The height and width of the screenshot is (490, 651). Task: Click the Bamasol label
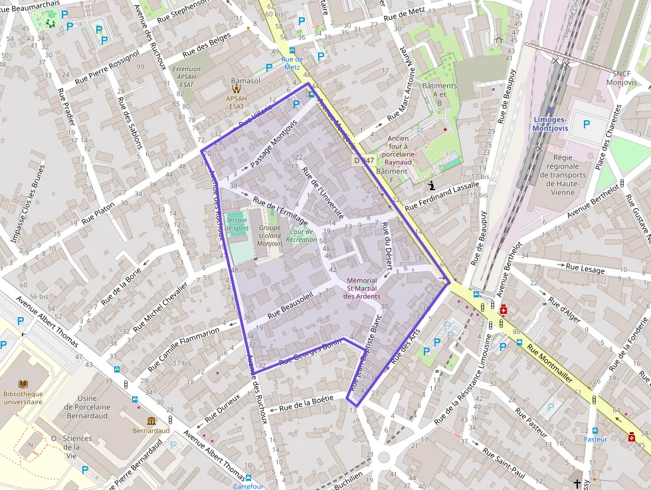pos(245,81)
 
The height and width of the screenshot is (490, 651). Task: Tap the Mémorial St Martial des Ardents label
pos(361,289)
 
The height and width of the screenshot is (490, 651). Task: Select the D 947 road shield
pos(364,160)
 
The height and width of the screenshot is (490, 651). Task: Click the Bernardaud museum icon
pos(151,421)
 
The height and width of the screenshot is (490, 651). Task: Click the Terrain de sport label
pos(237,224)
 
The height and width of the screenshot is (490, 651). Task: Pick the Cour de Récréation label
pos(302,235)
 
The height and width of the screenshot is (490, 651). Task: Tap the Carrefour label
pos(248,486)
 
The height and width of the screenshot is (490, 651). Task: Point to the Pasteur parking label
pos(595,439)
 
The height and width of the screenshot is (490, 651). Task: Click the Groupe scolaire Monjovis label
pos(270,236)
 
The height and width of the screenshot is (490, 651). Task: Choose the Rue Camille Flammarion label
pos(183,349)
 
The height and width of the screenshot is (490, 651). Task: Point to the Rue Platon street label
pos(98,213)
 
